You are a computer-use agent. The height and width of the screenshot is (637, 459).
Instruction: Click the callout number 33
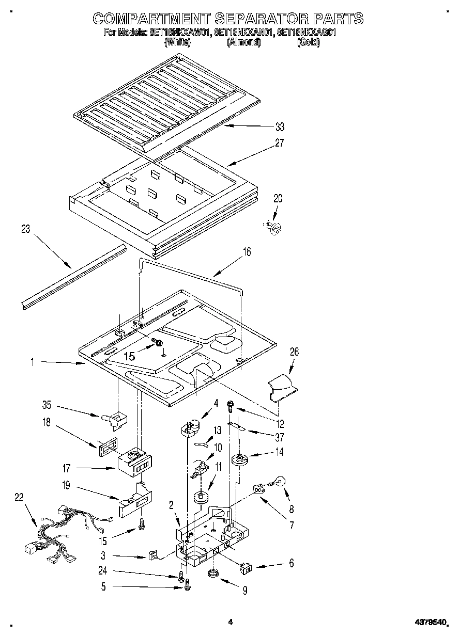pos(279,127)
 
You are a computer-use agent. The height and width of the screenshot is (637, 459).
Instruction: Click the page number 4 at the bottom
pos(231,623)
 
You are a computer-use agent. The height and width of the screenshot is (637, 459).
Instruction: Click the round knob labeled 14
pos(239,459)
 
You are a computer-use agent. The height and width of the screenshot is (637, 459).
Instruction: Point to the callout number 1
pos(32,363)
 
